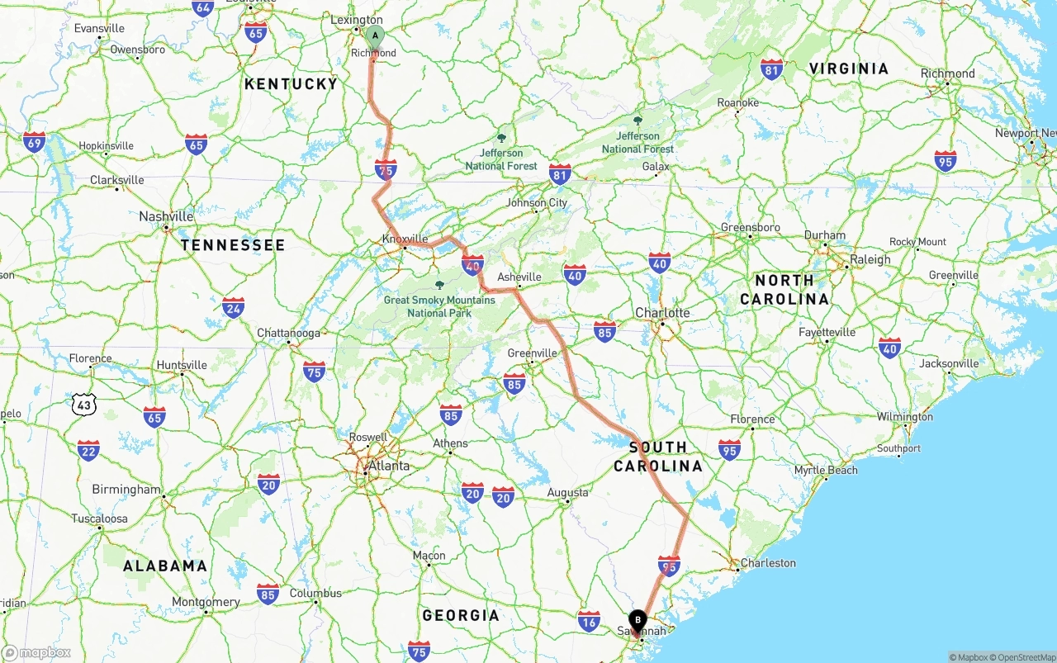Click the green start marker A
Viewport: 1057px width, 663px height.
(375, 36)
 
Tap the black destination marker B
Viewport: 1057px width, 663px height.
(638, 620)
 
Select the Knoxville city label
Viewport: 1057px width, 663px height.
(405, 239)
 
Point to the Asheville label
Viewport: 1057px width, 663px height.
(519, 277)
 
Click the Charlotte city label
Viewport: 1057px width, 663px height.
(662, 313)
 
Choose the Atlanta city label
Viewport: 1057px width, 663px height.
(388, 466)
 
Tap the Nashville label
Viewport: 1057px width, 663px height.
(166, 216)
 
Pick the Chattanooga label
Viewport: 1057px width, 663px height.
(288, 333)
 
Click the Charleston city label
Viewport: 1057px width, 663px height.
(768, 563)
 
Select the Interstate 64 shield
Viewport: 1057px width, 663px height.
(202, 8)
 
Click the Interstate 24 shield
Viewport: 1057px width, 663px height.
(233, 308)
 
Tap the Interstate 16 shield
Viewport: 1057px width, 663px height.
(589, 621)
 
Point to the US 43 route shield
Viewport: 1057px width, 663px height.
(84, 404)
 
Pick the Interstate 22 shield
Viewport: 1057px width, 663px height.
(88, 450)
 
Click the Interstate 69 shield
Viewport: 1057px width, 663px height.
(35, 142)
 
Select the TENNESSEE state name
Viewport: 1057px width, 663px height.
(233, 245)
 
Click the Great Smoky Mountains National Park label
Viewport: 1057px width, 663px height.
(439, 306)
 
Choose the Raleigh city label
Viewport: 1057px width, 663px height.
(870, 259)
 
